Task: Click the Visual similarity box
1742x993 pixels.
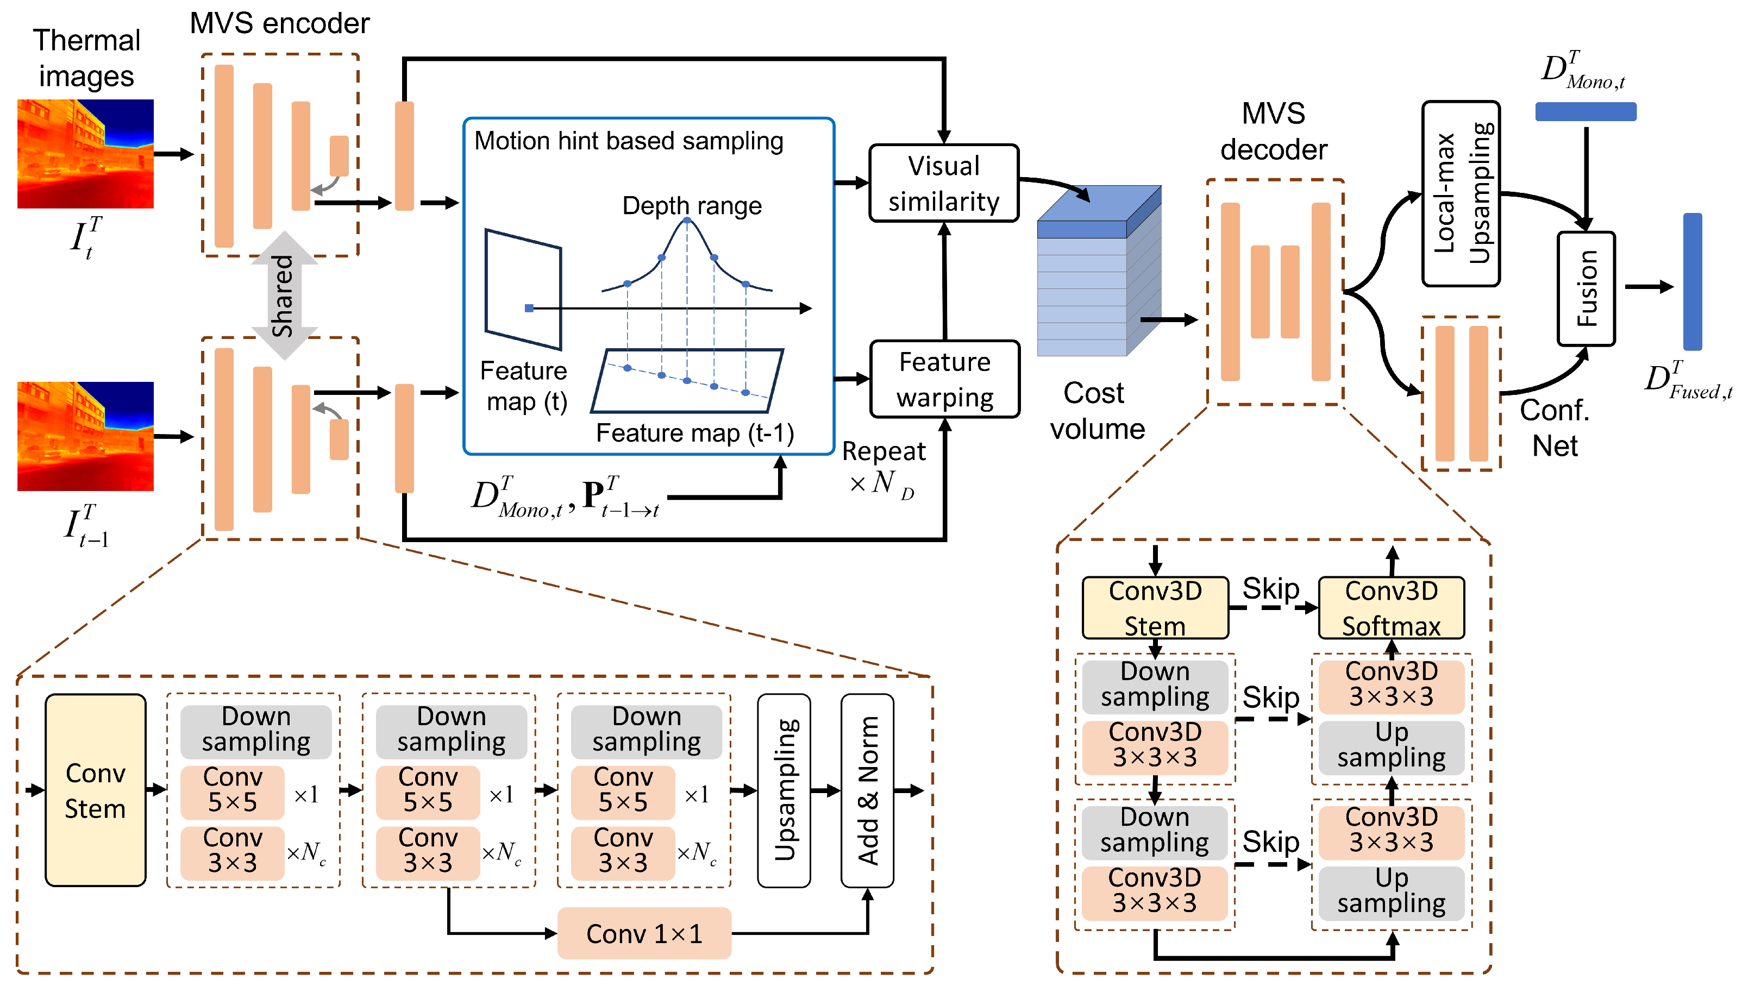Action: click(943, 183)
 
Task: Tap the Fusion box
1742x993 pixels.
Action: click(1586, 288)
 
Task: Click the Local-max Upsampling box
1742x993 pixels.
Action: click(1461, 194)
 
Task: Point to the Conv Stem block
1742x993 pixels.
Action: click(96, 790)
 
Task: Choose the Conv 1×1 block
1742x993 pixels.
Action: click(644, 933)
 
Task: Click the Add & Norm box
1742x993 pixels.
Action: click(867, 790)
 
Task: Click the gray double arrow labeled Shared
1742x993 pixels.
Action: click(284, 296)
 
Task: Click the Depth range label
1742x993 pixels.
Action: click(692, 205)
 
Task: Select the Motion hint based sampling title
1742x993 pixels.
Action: click(628, 141)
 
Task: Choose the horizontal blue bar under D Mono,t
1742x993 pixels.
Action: click(1585, 111)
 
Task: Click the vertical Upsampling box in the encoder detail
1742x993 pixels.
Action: click(784, 790)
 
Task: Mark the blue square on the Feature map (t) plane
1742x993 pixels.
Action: click(529, 308)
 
